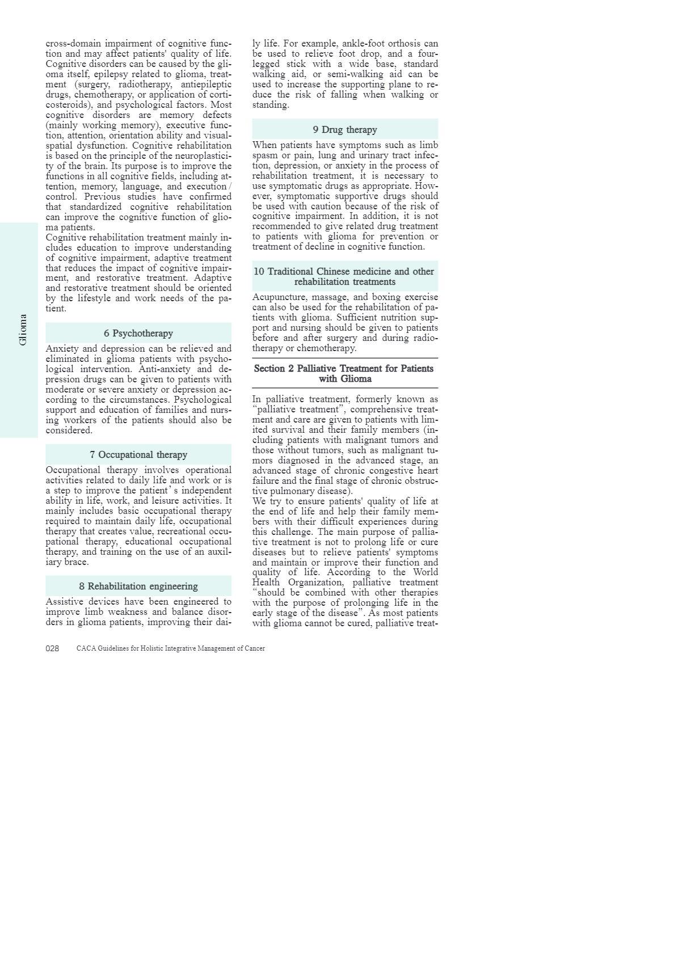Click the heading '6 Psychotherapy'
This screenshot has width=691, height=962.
(138, 334)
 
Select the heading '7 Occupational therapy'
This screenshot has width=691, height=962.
(138, 455)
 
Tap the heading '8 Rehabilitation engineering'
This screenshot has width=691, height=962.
(138, 587)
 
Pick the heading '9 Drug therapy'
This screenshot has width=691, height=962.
(345, 130)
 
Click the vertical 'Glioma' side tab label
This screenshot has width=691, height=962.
(23, 330)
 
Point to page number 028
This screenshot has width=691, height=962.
(52, 649)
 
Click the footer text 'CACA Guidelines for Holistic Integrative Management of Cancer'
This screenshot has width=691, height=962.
(170, 649)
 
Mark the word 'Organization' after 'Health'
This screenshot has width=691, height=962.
(314, 583)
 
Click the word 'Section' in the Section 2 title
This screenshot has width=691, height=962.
(269, 369)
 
